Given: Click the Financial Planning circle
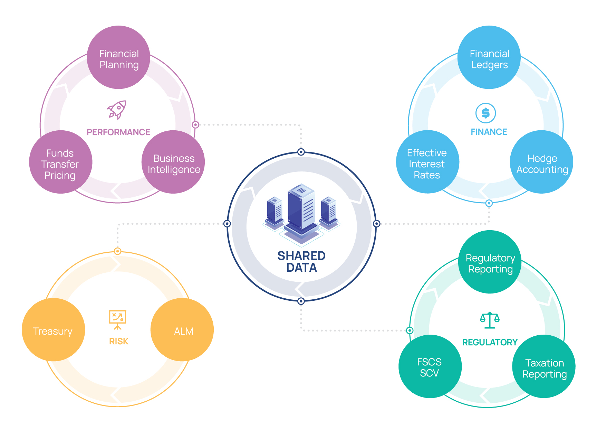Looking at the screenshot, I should (x=118, y=57).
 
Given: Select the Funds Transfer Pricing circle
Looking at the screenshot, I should (x=61, y=162).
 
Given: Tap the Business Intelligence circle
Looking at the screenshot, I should (x=173, y=162).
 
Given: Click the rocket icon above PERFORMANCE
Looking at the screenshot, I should (x=117, y=110).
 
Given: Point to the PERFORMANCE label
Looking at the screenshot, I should (x=118, y=132).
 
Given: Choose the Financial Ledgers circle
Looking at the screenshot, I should (x=489, y=57).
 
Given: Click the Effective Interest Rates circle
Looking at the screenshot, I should (x=427, y=162).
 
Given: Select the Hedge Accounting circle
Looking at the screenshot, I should (x=541, y=162).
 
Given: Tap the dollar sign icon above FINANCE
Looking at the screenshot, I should (x=485, y=113).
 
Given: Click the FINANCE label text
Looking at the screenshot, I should (x=489, y=132).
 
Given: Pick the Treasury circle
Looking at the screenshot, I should (x=53, y=330).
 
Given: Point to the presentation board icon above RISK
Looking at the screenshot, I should (x=118, y=319).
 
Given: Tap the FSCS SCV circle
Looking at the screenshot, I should (x=430, y=366).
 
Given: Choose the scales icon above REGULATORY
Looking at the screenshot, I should (x=490, y=320).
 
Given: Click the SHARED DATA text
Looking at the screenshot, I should (x=301, y=262).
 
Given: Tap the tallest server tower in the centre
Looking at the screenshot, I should (x=301, y=209).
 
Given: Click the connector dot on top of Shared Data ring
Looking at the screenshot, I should (x=301, y=152).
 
